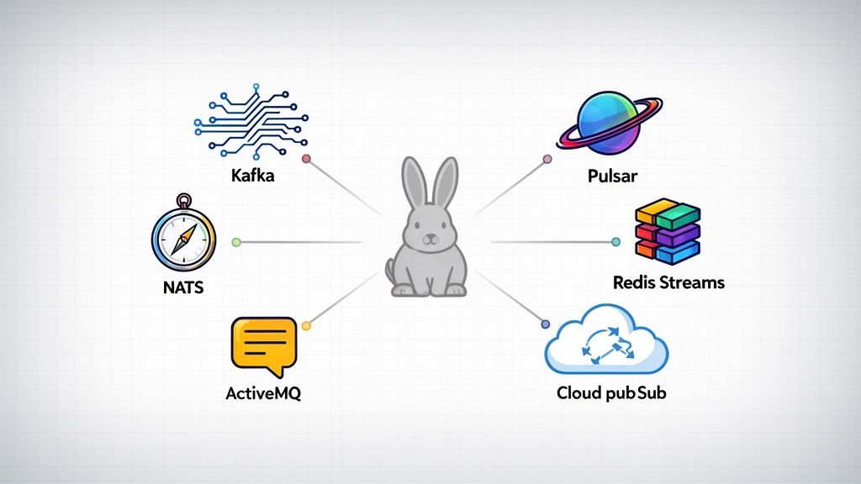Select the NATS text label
[182, 287]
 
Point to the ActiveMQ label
[262, 392]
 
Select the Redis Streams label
[668, 282]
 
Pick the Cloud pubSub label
[611, 392]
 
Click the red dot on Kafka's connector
[307, 158]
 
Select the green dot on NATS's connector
[236, 242]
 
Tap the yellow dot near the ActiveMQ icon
[306, 325]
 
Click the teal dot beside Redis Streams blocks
[616, 242]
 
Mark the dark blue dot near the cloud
[545, 324]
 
